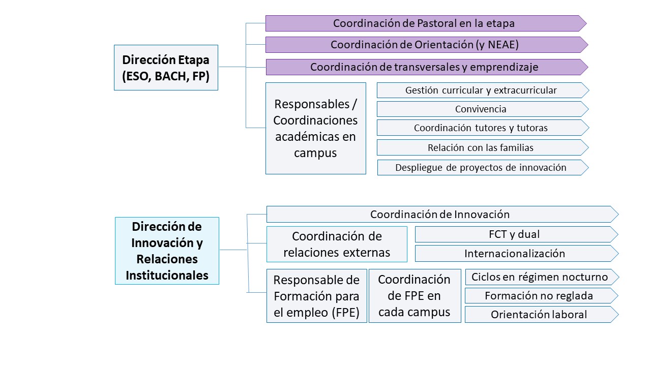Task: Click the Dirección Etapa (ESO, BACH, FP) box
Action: (x=166, y=68)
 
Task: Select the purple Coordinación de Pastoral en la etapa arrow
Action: (x=426, y=23)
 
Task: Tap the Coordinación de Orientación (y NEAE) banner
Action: (x=427, y=44)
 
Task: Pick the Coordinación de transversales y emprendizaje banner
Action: (x=427, y=67)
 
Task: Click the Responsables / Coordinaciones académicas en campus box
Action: (x=316, y=129)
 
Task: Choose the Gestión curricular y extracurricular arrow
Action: (x=483, y=90)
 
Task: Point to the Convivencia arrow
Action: (x=483, y=109)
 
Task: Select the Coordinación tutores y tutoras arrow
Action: (x=483, y=128)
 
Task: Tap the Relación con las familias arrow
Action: (x=483, y=147)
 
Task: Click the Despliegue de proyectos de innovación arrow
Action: (x=483, y=167)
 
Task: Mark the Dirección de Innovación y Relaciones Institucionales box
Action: (x=167, y=251)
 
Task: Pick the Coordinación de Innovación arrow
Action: (x=442, y=214)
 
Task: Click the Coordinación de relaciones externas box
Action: (x=337, y=245)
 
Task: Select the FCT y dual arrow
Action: (x=516, y=234)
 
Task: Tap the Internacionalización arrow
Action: (x=516, y=253)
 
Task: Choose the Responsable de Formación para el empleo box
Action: (x=317, y=296)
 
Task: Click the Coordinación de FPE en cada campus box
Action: (x=415, y=296)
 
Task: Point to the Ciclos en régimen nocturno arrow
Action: (x=542, y=277)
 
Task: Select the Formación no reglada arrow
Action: (x=541, y=295)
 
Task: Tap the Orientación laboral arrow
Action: (x=542, y=314)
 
